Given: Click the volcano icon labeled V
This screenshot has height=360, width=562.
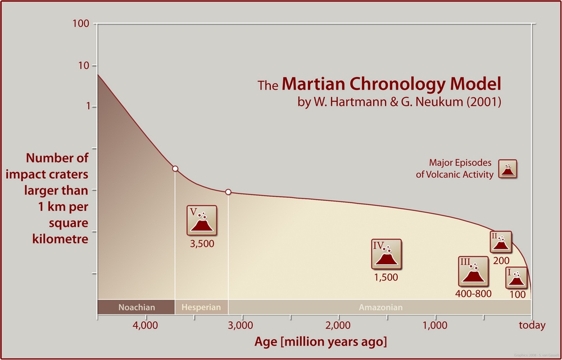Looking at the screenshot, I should [x=202, y=220].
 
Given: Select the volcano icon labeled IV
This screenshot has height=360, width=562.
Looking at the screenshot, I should [x=387, y=254].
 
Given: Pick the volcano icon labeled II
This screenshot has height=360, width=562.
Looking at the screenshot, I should [x=501, y=242].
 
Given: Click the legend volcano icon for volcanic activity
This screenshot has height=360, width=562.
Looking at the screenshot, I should [x=507, y=169].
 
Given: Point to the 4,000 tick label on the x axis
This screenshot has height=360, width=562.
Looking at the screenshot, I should [x=146, y=326].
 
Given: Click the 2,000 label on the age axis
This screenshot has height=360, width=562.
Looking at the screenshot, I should [x=338, y=326].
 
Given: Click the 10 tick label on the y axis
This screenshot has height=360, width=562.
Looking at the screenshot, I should [x=84, y=65].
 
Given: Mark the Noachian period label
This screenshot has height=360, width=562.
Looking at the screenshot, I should [x=136, y=308].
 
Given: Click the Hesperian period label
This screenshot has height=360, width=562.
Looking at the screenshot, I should [x=201, y=308].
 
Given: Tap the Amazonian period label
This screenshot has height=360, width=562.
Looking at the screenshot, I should [x=380, y=308].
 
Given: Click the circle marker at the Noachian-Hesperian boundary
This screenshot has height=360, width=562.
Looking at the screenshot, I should [x=175, y=169].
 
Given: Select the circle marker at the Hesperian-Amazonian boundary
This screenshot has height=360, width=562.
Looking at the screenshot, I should [x=228, y=192].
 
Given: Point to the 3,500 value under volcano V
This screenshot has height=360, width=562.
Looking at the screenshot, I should [x=202, y=244].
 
